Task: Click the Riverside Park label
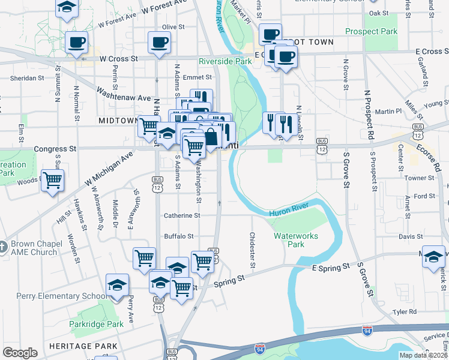[x=225, y=61]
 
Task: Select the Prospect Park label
[x=371, y=31]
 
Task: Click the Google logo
[x=20, y=353]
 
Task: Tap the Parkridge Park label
[x=104, y=324]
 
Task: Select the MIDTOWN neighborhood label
[x=118, y=121]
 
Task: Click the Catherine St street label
[x=182, y=215]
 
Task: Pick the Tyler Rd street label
[x=404, y=312]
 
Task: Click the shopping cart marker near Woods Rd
[x=52, y=179]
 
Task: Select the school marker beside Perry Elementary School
[x=117, y=284]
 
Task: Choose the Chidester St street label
[x=252, y=250]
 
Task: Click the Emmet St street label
[x=197, y=77]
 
